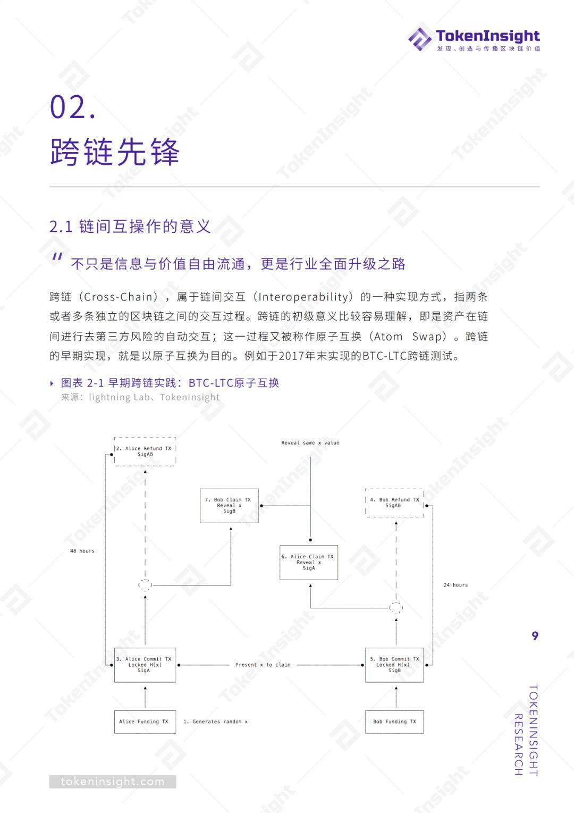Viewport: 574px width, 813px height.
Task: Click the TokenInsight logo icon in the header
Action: (420, 39)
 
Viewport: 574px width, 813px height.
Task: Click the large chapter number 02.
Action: (73, 107)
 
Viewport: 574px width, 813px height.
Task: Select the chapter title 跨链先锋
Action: (115, 152)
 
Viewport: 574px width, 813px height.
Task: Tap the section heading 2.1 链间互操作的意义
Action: (130, 227)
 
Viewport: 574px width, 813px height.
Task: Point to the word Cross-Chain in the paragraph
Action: (118, 297)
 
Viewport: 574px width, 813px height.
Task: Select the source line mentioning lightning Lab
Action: (140, 397)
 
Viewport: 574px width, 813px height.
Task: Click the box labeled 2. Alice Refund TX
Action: (145, 451)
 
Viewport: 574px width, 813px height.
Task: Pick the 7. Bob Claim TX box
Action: (229, 506)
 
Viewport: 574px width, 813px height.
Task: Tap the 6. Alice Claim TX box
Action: (309, 562)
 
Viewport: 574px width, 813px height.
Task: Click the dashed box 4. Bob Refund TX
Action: (395, 502)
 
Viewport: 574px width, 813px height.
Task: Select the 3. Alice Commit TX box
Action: (145, 665)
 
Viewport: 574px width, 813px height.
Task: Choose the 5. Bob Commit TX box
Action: (394, 665)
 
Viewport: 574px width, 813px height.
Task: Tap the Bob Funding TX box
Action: (394, 722)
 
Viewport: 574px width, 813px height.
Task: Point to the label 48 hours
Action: (82, 551)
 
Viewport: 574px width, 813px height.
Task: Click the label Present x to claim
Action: (263, 665)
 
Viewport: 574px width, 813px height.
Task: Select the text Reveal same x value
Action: (310, 443)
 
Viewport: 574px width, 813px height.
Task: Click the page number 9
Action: (535, 635)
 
